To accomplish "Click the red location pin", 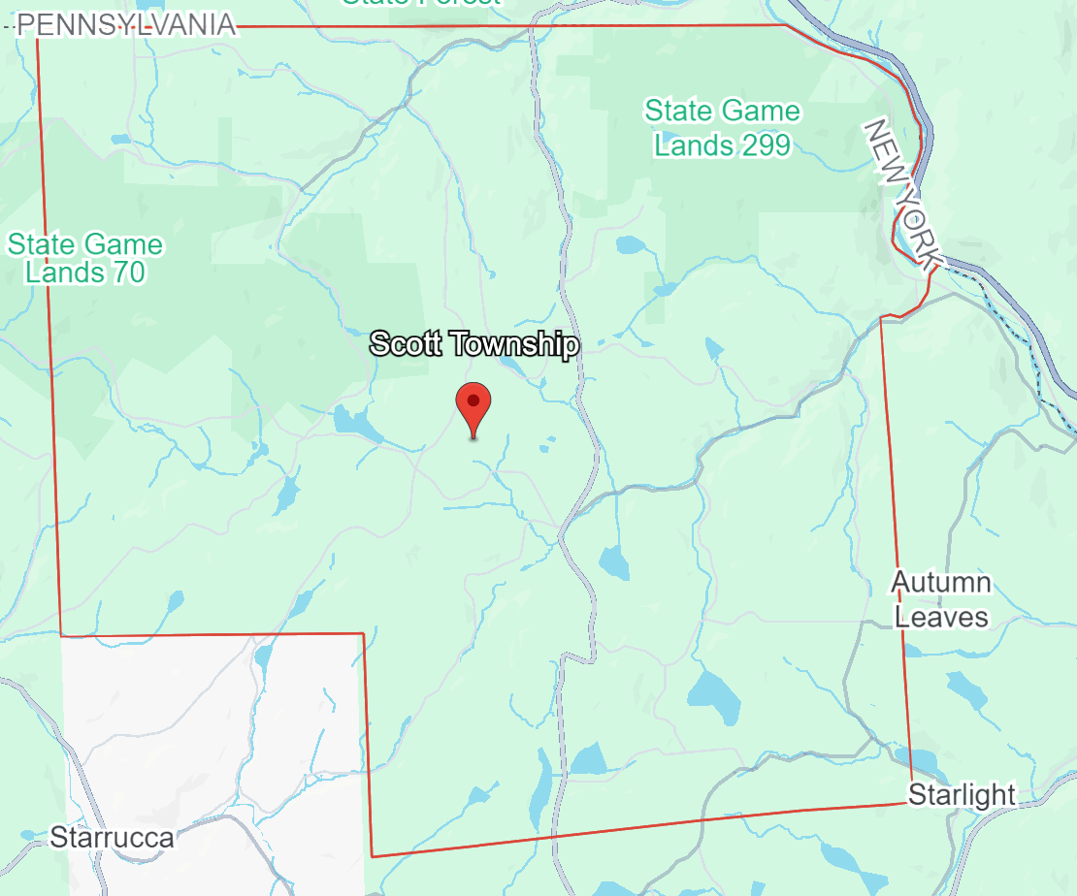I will point(473,407).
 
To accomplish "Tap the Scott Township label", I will point(474,344).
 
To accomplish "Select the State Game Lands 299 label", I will point(722,128).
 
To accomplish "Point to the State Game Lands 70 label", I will point(85,258).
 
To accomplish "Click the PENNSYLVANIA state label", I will point(127,24).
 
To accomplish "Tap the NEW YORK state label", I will point(902,194).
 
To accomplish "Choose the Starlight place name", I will point(962,795).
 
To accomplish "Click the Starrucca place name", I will point(112,837).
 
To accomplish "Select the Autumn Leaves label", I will point(941,599).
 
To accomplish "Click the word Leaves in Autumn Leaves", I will point(941,617).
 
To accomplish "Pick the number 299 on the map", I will point(763,145).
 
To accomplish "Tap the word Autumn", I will point(941,583).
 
